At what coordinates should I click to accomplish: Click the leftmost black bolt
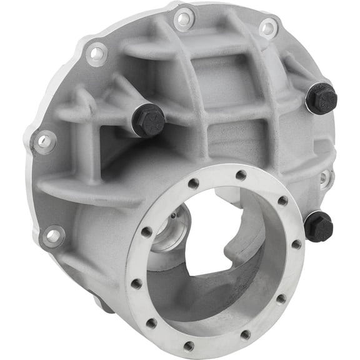(148, 120)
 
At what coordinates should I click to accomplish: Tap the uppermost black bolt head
(322, 97)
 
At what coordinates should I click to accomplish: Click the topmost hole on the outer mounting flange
(184, 19)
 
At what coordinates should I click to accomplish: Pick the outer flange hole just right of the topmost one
(268, 27)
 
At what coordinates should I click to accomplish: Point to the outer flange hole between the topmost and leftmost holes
(97, 54)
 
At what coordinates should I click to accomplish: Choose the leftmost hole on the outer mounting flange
(44, 142)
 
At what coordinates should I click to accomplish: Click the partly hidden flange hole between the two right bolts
(324, 177)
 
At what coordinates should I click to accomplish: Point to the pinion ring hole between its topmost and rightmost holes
(282, 201)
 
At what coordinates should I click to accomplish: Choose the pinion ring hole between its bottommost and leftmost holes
(151, 323)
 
